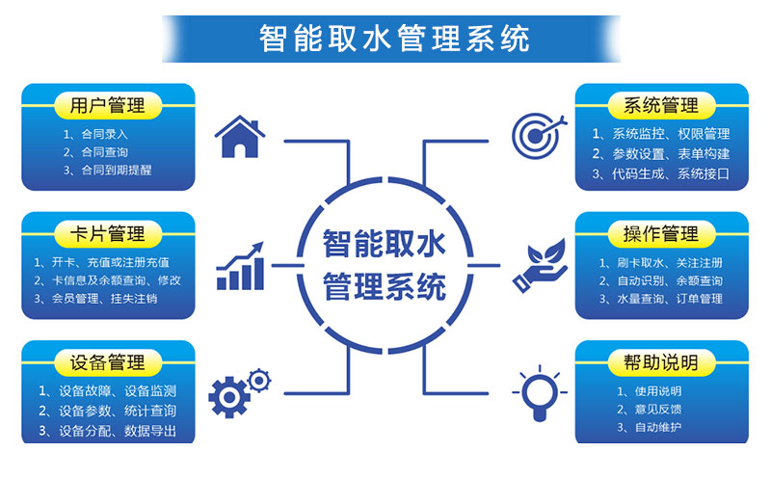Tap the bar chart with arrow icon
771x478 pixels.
[240, 266]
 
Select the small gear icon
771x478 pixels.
[259, 380]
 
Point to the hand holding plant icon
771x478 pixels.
[540, 266]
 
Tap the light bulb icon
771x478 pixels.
[540, 393]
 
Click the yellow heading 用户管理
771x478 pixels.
[108, 105]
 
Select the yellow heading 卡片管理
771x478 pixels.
[108, 234]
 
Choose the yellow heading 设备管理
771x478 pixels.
[108, 363]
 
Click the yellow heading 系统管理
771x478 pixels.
[661, 105]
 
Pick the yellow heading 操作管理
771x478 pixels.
[661, 234]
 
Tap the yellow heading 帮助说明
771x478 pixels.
[661, 363]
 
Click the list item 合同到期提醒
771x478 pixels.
[117, 171]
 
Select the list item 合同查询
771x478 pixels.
[105, 152]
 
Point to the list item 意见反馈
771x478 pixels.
[658, 410]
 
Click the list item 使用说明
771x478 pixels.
[658, 391]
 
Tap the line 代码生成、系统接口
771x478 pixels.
[671, 173]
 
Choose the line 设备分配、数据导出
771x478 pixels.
[118, 431]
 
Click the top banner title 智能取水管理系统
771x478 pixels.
[394, 39]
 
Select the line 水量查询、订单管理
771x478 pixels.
[670, 299]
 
